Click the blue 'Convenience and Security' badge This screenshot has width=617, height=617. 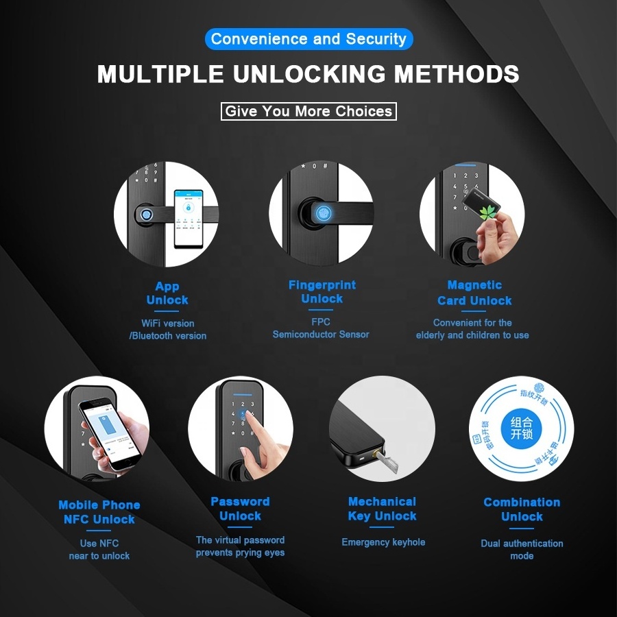(308, 39)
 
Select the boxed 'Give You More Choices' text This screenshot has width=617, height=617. (308, 111)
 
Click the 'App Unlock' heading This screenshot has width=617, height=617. (167, 293)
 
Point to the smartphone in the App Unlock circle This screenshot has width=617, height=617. (191, 218)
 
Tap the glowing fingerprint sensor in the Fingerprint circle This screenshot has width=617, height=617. (322, 213)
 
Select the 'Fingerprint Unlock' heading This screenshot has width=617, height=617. (322, 292)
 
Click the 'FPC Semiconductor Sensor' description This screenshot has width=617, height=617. (321, 328)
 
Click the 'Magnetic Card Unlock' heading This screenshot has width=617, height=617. (474, 293)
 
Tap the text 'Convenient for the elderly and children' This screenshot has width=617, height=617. (472, 329)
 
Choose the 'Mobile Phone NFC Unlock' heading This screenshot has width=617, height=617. (99, 512)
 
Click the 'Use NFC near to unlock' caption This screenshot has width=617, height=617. (99, 549)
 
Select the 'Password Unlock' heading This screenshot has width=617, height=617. (240, 509)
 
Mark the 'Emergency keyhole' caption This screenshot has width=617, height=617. (383, 542)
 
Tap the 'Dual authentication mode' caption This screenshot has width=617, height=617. (522, 549)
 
